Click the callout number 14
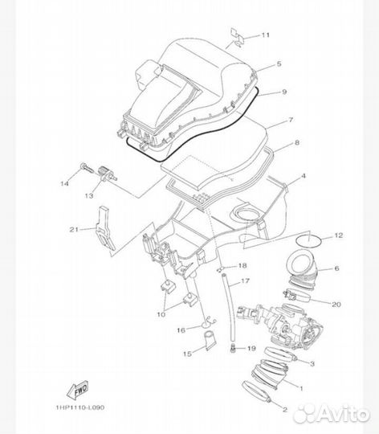(x=63, y=184)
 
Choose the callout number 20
(x=336, y=304)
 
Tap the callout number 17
(x=246, y=282)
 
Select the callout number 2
(x=283, y=409)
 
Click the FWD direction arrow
(x=79, y=391)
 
